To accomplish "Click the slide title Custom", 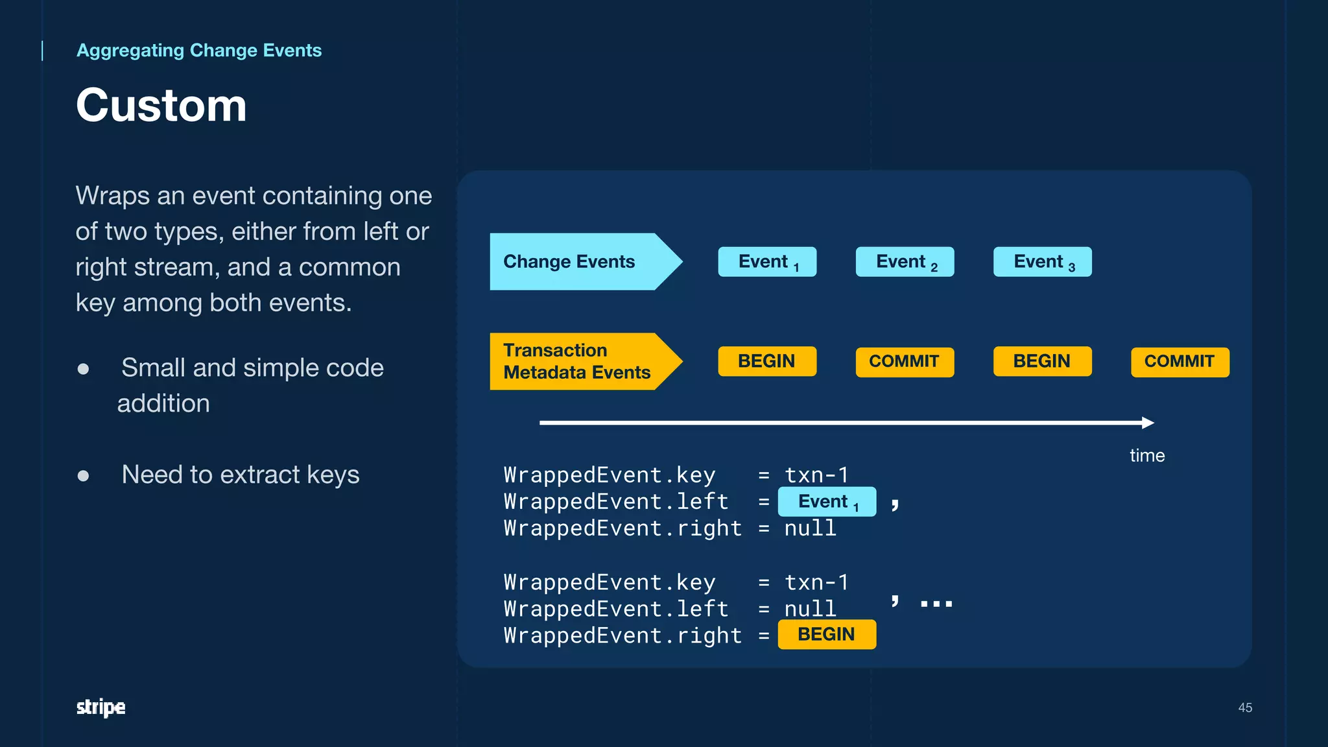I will tap(161, 105).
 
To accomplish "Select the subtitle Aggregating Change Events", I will tap(198, 51).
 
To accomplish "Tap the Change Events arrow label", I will tap(569, 261).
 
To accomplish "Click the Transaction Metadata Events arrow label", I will tap(576, 361).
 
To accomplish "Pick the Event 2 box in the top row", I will tap(905, 262).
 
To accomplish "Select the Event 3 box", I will tap(1042, 262).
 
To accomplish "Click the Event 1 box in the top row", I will tap(767, 262).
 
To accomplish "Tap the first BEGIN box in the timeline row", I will tap(767, 361).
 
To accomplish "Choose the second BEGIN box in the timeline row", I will tap(1042, 361).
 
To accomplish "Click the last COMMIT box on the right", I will tap(1180, 361).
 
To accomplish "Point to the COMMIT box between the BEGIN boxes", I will tap(905, 361).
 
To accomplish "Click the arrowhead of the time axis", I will tap(1148, 423).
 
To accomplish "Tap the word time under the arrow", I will tap(1147, 455).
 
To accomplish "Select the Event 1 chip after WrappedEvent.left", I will tap(827, 502).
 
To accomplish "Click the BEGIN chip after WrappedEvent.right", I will tap(827, 634).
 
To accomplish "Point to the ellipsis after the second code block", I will tap(936, 604).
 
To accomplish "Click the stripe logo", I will tap(101, 707).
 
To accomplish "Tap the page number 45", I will tap(1244, 707).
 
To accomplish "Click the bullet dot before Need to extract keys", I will tap(83, 476).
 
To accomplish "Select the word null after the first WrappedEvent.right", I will tap(810, 528).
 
